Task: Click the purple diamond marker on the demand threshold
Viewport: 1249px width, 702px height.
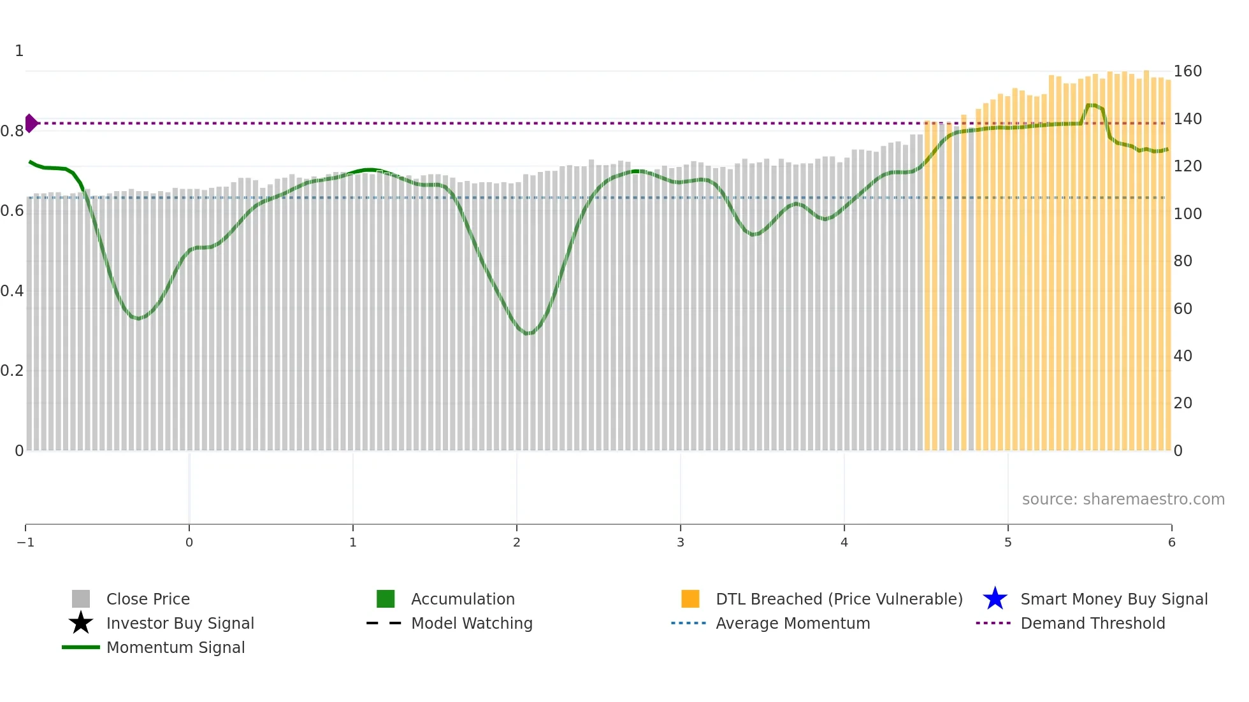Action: [31, 123]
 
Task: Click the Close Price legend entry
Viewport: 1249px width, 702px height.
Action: [147, 599]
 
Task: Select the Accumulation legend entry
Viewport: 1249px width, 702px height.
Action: [462, 599]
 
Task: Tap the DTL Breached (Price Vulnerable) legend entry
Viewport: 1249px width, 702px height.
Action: [839, 599]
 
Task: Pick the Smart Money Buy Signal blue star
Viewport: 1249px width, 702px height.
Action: [995, 599]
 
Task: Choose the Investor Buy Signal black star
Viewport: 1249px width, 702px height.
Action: [81, 623]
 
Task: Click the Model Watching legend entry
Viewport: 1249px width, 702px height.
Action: [471, 623]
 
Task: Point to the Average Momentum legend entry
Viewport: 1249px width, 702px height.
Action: [792, 623]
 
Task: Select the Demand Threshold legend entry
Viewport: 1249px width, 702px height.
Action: [1092, 623]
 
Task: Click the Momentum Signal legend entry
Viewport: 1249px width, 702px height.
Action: [175, 647]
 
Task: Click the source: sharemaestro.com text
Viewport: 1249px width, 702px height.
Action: [1123, 499]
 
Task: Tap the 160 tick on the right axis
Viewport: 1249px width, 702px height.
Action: [1187, 71]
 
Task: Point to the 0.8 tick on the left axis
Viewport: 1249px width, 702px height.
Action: [12, 131]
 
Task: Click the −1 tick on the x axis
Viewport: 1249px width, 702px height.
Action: [25, 542]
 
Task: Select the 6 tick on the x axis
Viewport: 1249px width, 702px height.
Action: [1171, 542]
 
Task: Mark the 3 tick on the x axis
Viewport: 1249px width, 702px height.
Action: [680, 542]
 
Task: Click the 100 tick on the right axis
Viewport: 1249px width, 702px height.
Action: [1187, 213]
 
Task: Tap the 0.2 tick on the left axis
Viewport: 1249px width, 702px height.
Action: [12, 371]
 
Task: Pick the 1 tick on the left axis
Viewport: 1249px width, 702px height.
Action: [19, 51]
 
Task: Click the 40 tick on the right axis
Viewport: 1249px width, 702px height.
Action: [1183, 355]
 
